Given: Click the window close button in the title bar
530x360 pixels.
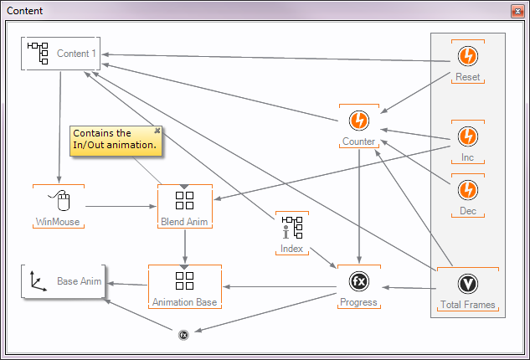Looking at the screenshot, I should tap(516, 12).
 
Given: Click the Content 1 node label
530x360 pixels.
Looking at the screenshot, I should tap(76, 54).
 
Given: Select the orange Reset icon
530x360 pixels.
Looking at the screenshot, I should tap(467, 56).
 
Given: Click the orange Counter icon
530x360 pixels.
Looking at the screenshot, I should tap(359, 120).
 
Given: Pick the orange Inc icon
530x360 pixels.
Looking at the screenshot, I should tap(467, 136).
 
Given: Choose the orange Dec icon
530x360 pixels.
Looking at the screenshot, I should tap(467, 189).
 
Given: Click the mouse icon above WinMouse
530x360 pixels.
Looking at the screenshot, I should tap(58, 201).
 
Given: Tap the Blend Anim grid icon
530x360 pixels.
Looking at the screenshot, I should tap(184, 200).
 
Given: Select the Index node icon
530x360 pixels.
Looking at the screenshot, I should tap(291, 228).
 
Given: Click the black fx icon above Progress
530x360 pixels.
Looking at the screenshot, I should tap(359, 280).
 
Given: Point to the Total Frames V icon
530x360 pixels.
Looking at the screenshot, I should tap(467, 284).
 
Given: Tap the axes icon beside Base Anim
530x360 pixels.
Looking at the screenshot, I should tap(39, 282).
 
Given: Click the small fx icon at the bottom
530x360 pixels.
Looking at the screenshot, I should tap(183, 335).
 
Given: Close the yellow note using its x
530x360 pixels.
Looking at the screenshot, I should tap(157, 131).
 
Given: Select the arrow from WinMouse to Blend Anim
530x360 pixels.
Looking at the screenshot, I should tap(121, 205).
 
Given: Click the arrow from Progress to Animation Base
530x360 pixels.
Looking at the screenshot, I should tap(280, 286).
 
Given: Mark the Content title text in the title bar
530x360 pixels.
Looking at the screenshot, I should tap(25, 12).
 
